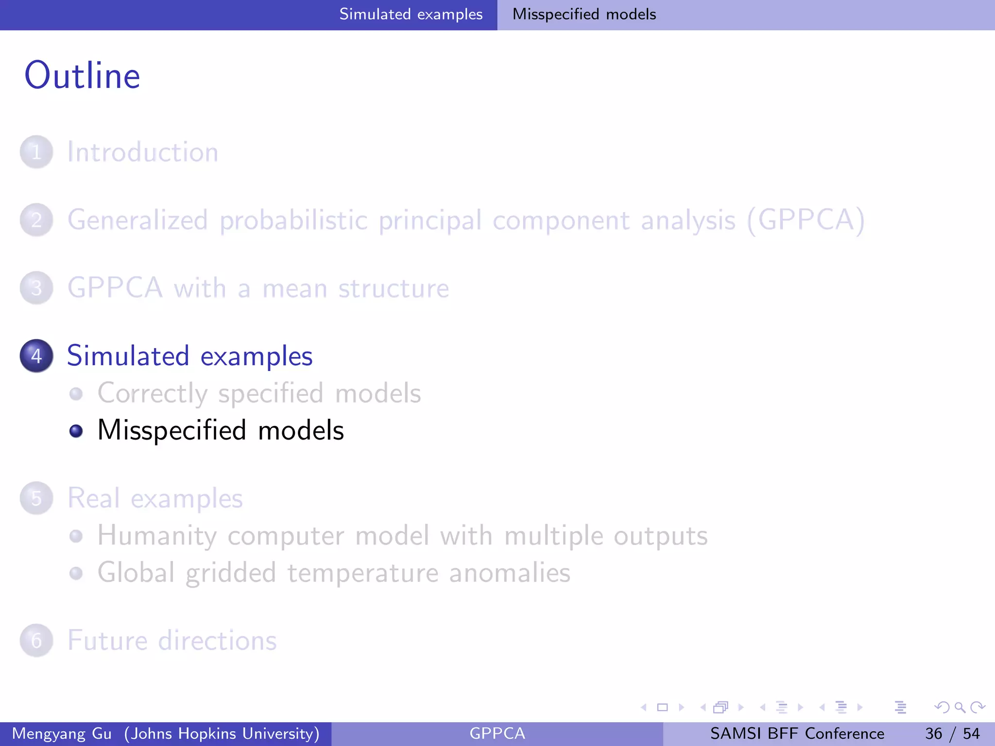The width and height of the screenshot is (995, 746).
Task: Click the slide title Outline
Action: pos(83,76)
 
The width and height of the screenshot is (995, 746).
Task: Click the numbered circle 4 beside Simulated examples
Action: pos(36,356)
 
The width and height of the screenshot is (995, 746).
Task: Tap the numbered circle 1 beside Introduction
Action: pos(36,152)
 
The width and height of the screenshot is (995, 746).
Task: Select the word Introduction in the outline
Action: pos(143,152)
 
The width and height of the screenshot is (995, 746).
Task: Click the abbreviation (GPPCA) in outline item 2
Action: pos(806,220)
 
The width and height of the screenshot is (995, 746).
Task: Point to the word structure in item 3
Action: pos(394,288)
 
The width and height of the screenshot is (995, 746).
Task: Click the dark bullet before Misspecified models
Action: pos(76,431)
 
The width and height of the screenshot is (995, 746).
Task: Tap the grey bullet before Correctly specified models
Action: pos(76,393)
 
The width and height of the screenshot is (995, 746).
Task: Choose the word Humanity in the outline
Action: pos(157,536)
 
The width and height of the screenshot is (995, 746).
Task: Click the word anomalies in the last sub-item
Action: pos(510,573)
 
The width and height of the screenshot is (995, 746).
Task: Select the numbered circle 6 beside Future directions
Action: pos(36,641)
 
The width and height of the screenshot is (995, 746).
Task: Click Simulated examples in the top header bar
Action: pos(411,14)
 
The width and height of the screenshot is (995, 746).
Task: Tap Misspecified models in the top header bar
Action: pos(584,14)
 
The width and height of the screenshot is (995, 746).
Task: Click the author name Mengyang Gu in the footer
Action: pos(62,733)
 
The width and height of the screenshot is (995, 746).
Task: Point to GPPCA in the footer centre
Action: pos(497,733)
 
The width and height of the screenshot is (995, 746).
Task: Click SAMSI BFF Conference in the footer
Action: pos(797,733)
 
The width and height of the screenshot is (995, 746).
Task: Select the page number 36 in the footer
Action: pos(933,733)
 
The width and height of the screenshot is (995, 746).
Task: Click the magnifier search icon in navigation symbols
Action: pos(960,707)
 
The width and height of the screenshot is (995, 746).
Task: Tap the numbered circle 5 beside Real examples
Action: pos(36,498)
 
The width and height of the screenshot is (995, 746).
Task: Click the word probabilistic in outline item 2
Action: pos(293,220)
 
